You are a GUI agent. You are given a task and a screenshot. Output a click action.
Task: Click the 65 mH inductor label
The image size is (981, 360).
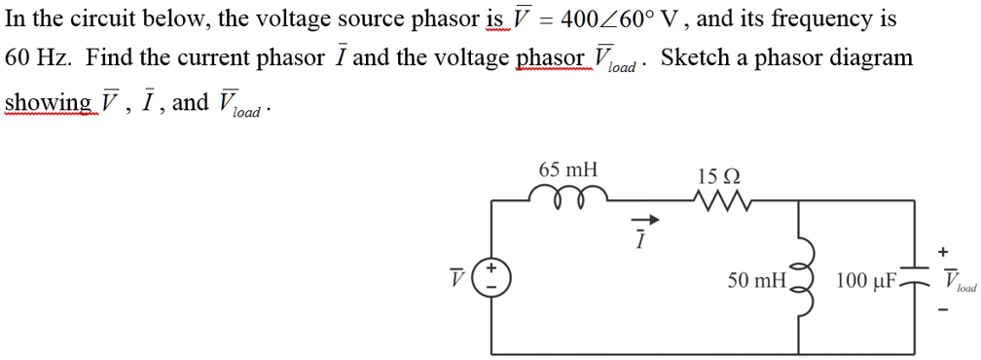(x=569, y=170)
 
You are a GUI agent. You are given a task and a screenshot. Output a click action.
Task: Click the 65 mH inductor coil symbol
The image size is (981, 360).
(x=569, y=196)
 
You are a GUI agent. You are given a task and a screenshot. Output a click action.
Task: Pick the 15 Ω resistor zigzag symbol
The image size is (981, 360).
(x=719, y=200)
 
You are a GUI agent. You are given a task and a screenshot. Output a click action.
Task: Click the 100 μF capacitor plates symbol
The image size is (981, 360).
(x=915, y=280)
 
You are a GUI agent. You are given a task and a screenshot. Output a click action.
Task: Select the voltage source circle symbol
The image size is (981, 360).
(x=490, y=280)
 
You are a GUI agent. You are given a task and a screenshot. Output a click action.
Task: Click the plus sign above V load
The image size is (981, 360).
(x=942, y=252)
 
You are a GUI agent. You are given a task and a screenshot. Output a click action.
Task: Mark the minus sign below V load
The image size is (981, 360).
(x=942, y=311)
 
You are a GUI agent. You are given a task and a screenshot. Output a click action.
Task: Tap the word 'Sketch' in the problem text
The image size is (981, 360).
(x=696, y=57)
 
